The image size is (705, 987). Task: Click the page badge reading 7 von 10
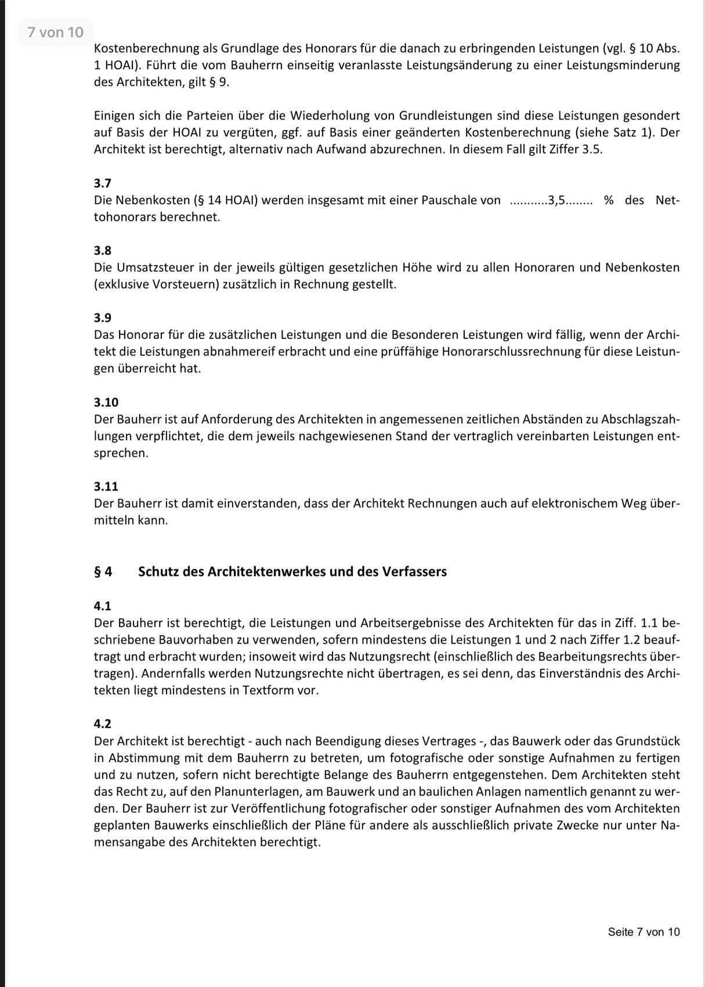tap(56, 33)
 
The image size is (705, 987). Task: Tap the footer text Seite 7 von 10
tap(643, 932)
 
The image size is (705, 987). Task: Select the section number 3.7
tap(102, 183)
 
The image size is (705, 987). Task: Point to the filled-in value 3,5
tap(556, 201)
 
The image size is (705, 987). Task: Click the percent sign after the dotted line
tap(609, 201)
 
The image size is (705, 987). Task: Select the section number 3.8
tap(102, 251)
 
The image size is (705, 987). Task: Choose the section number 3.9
tap(102, 318)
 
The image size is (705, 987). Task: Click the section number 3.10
tap(106, 402)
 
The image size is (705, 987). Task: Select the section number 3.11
tap(106, 487)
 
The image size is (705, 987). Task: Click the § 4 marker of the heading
tap(103, 572)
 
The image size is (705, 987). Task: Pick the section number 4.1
tap(102, 606)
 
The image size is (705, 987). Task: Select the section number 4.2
tap(102, 724)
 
